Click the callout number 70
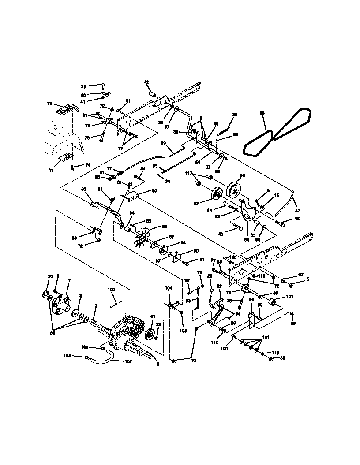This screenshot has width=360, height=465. [x=49, y=104]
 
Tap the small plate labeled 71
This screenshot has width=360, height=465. [x=65, y=156]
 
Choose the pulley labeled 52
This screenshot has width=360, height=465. [x=216, y=197]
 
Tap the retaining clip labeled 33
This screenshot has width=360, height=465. [x=46, y=294]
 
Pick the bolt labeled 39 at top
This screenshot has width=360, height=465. [x=103, y=86]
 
